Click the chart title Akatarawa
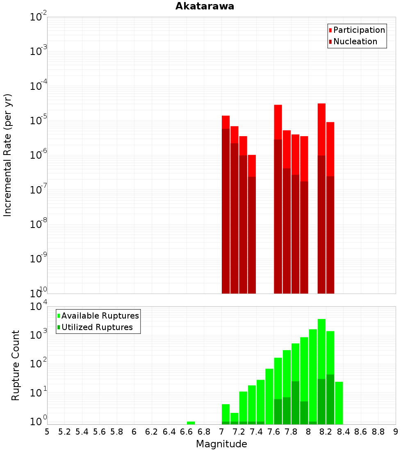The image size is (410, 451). click(x=205, y=6)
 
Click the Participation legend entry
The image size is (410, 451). click(x=359, y=30)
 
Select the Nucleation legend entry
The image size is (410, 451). click(x=355, y=42)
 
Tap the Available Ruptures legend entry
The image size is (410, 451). click(x=100, y=316)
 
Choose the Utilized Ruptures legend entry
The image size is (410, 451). click(x=97, y=327)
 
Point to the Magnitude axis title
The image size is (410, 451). click(x=221, y=444)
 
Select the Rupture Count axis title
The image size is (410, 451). click(x=16, y=365)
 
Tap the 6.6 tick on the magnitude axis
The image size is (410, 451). click(x=187, y=432)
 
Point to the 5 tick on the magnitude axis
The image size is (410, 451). click(x=47, y=432)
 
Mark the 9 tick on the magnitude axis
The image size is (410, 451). click(x=396, y=432)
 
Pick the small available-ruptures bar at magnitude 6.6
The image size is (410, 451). click(x=191, y=423)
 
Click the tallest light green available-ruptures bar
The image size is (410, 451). click(x=321, y=348)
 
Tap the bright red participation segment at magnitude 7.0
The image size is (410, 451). click(x=225, y=122)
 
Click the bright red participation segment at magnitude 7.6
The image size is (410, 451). click(x=278, y=122)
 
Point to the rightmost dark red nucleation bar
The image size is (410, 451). click(x=330, y=234)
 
